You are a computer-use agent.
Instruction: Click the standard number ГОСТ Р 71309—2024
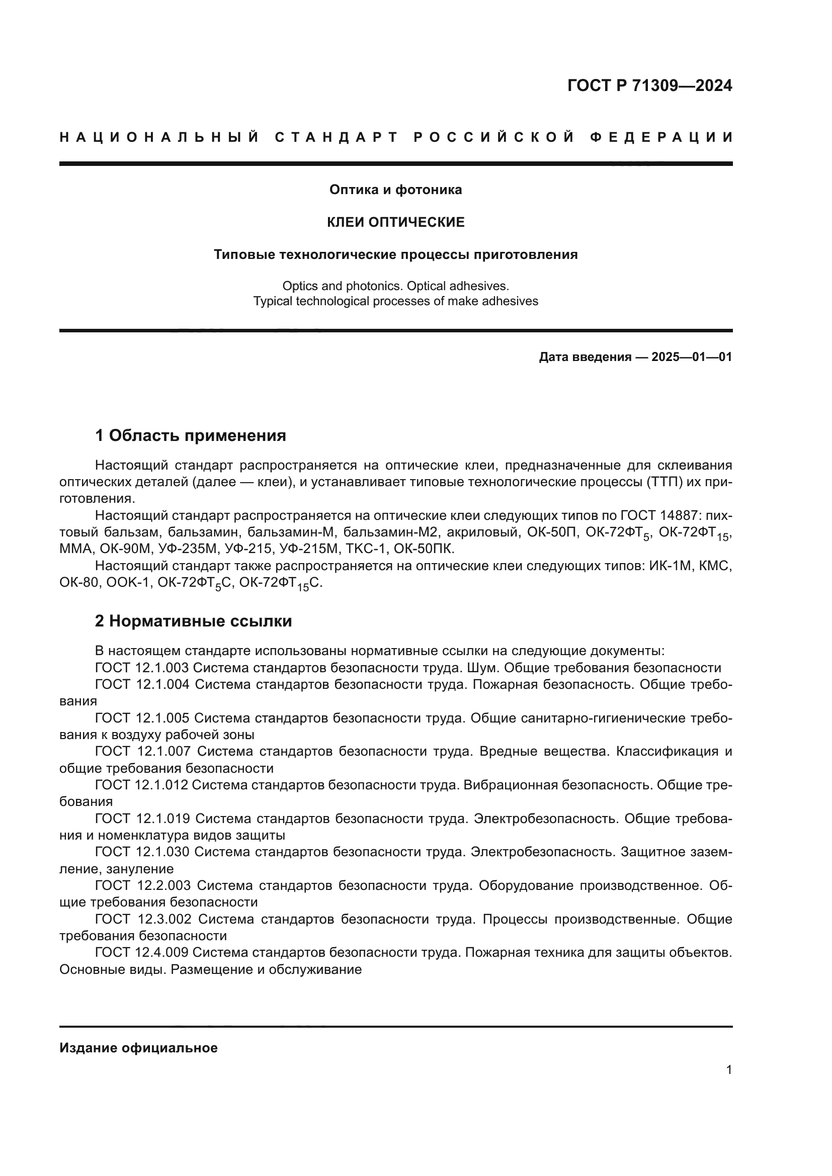(x=649, y=85)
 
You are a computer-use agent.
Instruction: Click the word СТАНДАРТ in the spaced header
(x=336, y=137)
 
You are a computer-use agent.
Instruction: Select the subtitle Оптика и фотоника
(x=395, y=190)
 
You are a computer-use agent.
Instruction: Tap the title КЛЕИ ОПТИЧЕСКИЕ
(x=395, y=222)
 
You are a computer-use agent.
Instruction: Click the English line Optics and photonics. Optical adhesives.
(x=395, y=286)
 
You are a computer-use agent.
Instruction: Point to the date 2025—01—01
(x=692, y=357)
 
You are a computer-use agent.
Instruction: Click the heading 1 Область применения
(x=190, y=436)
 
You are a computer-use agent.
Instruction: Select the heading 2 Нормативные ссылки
(x=193, y=621)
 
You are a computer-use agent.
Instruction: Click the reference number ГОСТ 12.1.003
(x=142, y=668)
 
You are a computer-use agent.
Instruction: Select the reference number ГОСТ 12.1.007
(x=142, y=751)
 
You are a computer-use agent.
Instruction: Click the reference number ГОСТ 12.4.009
(x=142, y=952)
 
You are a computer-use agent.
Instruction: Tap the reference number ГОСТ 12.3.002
(x=143, y=919)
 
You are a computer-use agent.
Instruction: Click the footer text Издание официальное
(x=138, y=1048)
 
